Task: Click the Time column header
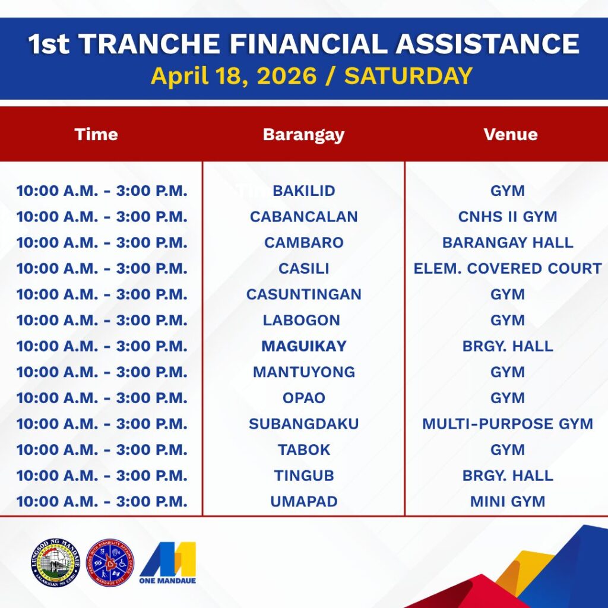pos(96,135)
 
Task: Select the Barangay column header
pos(303,135)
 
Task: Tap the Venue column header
pos(510,135)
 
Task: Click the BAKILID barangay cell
pos(303,191)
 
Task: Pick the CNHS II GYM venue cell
pos(507,217)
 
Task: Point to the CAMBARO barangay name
pos(303,243)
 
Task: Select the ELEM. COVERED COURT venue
pos(507,268)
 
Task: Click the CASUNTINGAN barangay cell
pos(303,294)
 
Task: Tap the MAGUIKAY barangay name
pos(303,346)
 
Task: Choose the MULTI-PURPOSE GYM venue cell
pos(507,424)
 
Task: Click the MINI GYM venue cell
pos(507,501)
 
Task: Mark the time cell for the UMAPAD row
pos(102,501)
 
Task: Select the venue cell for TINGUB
pos(507,476)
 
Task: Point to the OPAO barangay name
pos(303,398)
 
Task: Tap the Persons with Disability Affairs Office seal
pos(110,563)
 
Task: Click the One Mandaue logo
pos(167,563)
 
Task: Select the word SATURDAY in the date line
pos(408,75)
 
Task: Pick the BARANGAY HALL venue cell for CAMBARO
pos(507,243)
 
